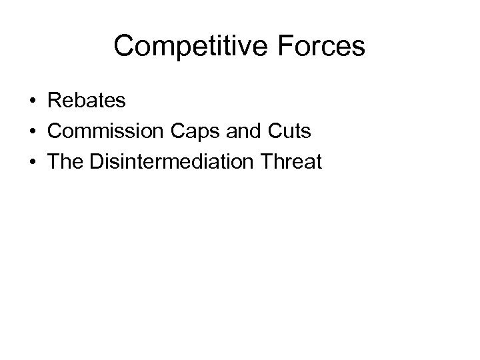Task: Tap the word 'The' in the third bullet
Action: click(x=64, y=161)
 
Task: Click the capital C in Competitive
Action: click(x=125, y=47)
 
